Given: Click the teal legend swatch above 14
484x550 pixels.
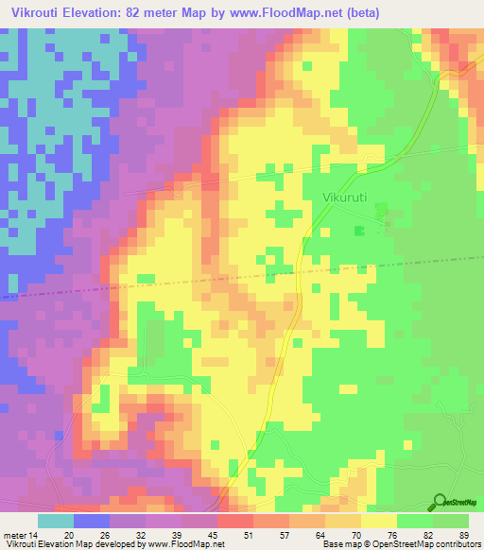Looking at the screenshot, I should coord(56,521).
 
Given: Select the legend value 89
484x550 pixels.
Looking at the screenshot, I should coord(463,535).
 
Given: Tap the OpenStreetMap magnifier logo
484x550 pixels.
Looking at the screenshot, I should coord(440,502).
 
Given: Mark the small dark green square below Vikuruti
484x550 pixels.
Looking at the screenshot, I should coord(358,231).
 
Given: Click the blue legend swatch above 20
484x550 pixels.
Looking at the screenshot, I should coord(92,521).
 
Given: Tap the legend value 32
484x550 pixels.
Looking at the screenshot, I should coord(147,535).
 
